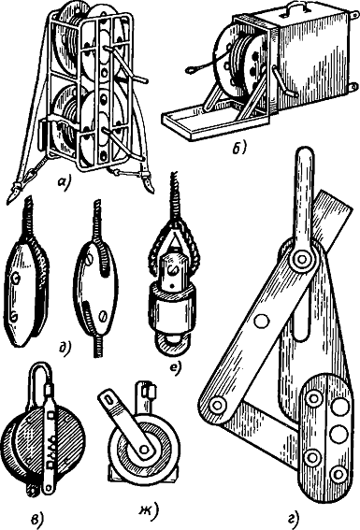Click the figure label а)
(x=64, y=183)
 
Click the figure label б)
(x=240, y=148)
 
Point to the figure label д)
(x=64, y=348)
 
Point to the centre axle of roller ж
(x=144, y=449)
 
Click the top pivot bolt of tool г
(x=302, y=260)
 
